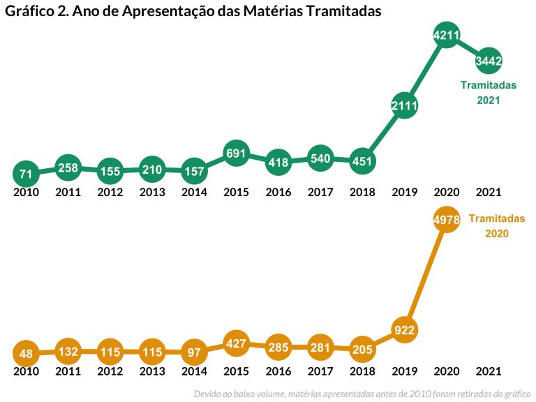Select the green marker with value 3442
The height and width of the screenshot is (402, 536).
[x=489, y=61]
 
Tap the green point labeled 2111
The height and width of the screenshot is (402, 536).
[x=404, y=106]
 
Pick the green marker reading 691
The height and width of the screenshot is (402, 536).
[x=236, y=153]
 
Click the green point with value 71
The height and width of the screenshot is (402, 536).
[x=26, y=173]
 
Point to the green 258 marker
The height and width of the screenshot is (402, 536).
[x=68, y=167]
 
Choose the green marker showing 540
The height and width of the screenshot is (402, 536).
[x=320, y=158]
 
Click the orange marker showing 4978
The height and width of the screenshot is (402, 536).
[x=446, y=220]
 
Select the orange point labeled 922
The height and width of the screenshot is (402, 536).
[x=404, y=329]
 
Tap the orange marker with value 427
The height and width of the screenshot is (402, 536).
[x=236, y=343]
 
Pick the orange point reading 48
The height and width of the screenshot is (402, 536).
[x=26, y=354]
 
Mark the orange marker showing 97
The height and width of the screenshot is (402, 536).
[x=194, y=353]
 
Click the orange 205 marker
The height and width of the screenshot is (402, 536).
[x=362, y=350]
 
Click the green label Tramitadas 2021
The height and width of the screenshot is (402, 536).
[x=489, y=93]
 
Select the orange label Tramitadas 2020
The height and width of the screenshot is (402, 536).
[x=496, y=226]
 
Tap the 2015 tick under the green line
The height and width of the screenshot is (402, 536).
[x=236, y=192]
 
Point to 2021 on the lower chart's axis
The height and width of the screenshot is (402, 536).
[x=489, y=371]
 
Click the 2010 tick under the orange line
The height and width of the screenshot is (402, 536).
[x=26, y=371]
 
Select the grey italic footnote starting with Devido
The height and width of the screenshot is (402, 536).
[x=362, y=394]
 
